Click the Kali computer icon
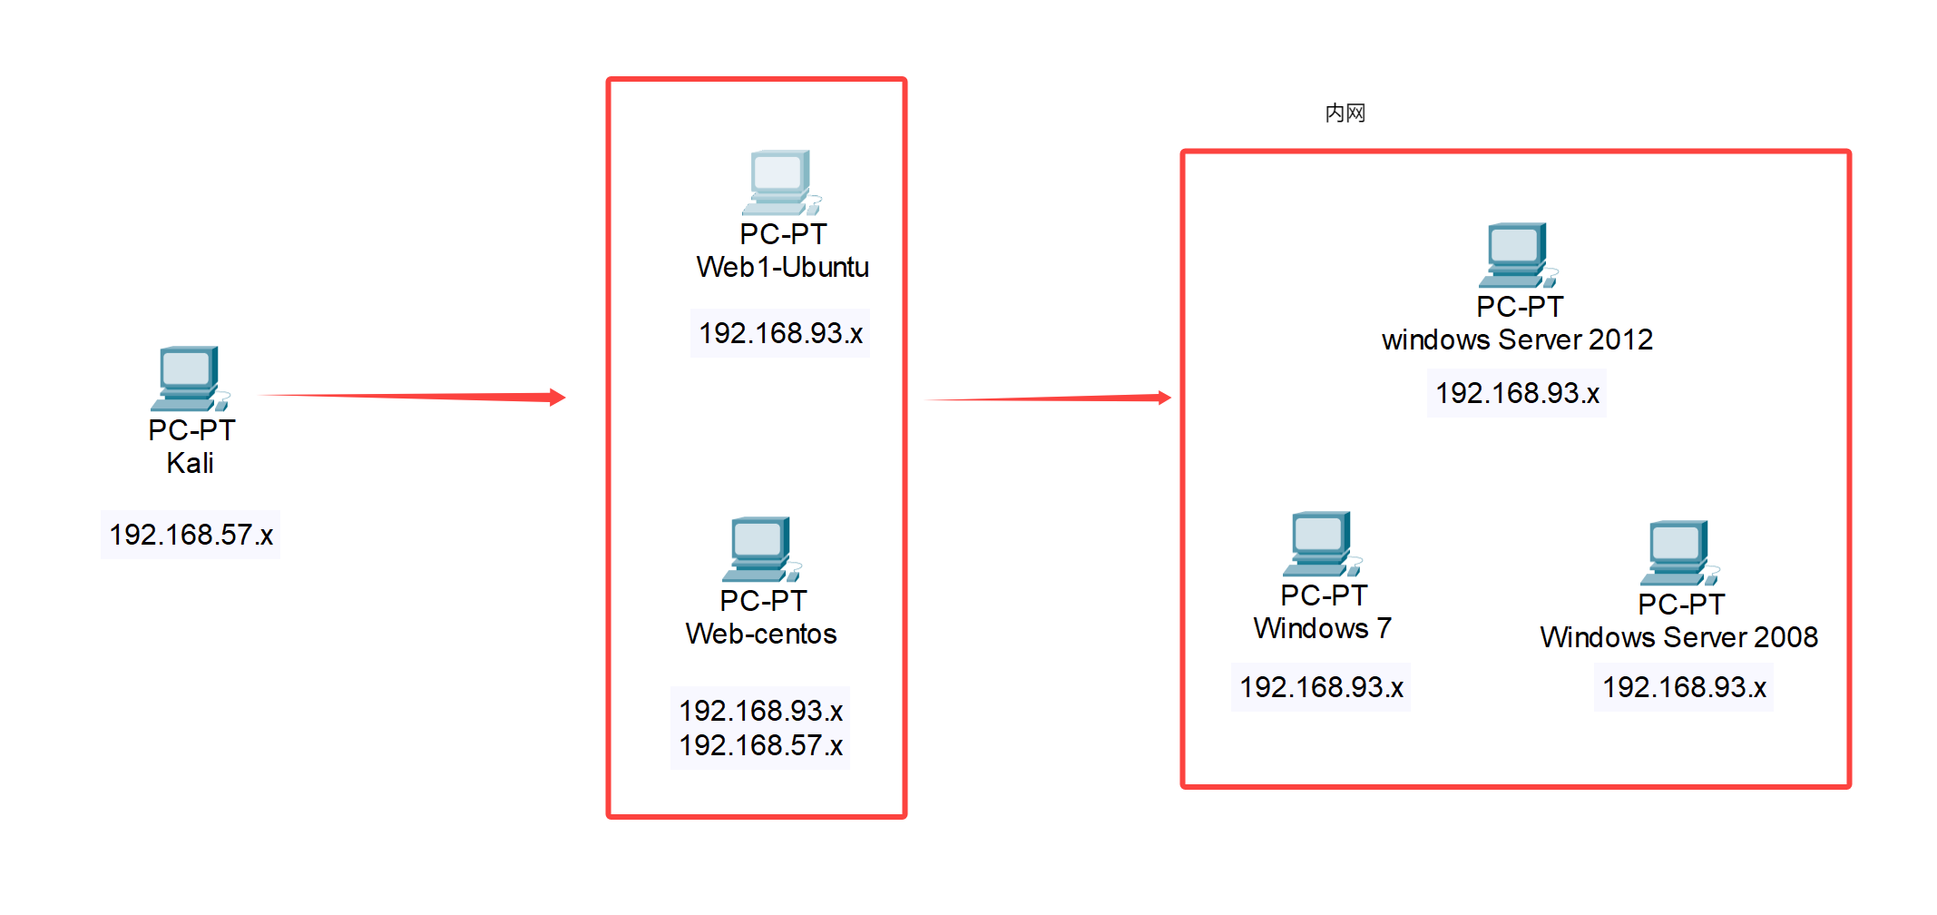(190, 378)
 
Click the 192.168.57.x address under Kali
(191, 535)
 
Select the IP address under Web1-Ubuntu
(780, 333)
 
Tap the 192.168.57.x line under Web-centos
(760, 745)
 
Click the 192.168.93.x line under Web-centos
(760, 710)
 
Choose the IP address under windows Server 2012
(1517, 393)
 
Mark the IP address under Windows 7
(1321, 687)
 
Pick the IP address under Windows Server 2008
(1684, 687)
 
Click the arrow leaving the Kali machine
(413, 396)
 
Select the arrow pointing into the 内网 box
(1048, 398)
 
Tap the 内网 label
(1345, 113)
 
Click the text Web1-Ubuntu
(782, 267)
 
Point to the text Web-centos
(761, 634)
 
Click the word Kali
(190, 463)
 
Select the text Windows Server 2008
(1678, 637)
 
